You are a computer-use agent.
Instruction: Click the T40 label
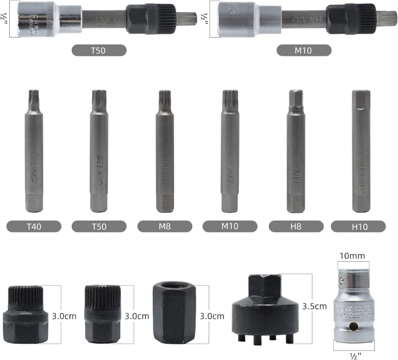pyautogui.click(x=34, y=226)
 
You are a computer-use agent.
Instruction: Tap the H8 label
pyautogui.click(x=296, y=226)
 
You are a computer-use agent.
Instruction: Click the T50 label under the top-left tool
pyautogui.click(x=99, y=50)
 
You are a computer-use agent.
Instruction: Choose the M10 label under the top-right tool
pyautogui.click(x=304, y=50)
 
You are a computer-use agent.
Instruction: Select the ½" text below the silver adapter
pyautogui.click(x=354, y=355)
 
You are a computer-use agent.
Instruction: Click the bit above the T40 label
pyautogui.click(x=34, y=154)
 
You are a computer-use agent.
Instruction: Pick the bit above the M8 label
pyautogui.click(x=164, y=154)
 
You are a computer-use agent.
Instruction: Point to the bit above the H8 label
pyautogui.click(x=296, y=154)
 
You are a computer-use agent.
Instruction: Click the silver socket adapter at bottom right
pyautogui.click(x=354, y=305)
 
